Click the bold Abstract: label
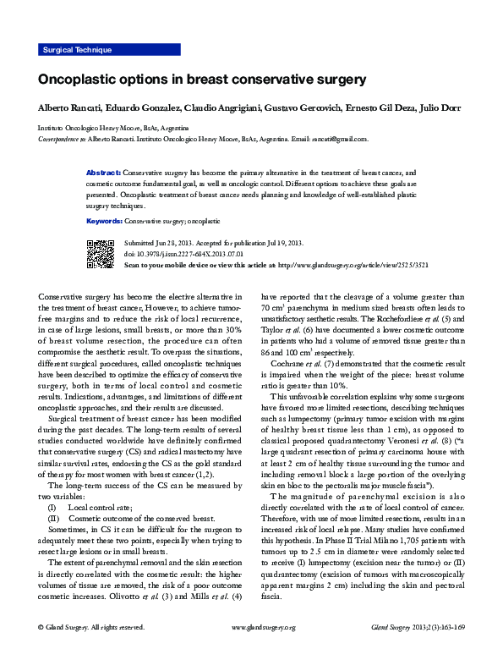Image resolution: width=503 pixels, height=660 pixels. tap(104, 172)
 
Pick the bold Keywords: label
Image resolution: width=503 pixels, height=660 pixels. tap(106, 221)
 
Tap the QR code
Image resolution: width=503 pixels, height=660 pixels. tap(101, 254)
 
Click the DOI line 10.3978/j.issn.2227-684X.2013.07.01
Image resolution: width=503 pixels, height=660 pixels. tap(183, 254)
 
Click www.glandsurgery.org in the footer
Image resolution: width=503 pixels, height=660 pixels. tap(263, 651)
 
